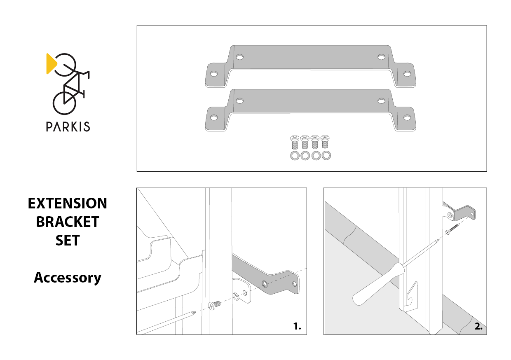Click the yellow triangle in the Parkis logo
(x=51, y=64)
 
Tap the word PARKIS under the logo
(x=68, y=127)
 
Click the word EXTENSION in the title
(x=67, y=203)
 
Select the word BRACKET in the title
(x=68, y=222)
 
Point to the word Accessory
(x=68, y=278)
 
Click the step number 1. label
(x=297, y=326)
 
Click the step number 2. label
(x=478, y=327)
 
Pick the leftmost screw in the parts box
(x=295, y=142)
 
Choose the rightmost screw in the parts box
(x=325, y=142)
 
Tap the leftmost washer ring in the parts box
(x=295, y=156)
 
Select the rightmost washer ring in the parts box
(x=326, y=156)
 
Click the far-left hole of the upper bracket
(x=214, y=74)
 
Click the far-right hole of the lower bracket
(x=407, y=118)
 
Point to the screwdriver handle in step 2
(x=378, y=284)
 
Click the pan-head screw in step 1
(x=215, y=305)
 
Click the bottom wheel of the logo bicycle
(x=64, y=103)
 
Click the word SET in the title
(x=68, y=240)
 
